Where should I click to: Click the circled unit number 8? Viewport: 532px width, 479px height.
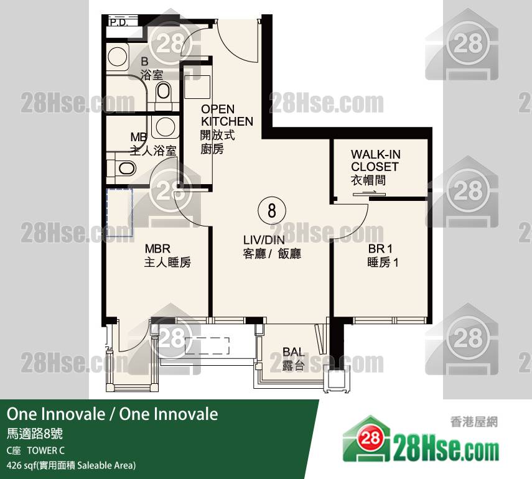pyautogui.click(x=272, y=210)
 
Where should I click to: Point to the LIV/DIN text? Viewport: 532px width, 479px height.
pyautogui.click(x=264, y=240)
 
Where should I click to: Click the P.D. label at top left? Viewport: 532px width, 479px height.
pyautogui.click(x=118, y=23)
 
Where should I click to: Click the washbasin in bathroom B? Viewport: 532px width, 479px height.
pyautogui.click(x=118, y=57)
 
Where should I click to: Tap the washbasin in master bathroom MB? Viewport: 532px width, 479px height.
pyautogui.click(x=166, y=126)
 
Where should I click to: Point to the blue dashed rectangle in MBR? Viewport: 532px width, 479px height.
pyautogui.click(x=119, y=212)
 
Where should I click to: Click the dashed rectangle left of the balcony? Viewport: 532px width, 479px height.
pyautogui.click(x=207, y=346)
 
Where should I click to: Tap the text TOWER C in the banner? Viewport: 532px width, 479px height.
pyautogui.click(x=46, y=450)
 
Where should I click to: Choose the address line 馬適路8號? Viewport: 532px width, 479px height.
pyautogui.click(x=35, y=434)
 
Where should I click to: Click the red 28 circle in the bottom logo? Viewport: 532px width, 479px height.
pyautogui.click(x=370, y=438)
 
